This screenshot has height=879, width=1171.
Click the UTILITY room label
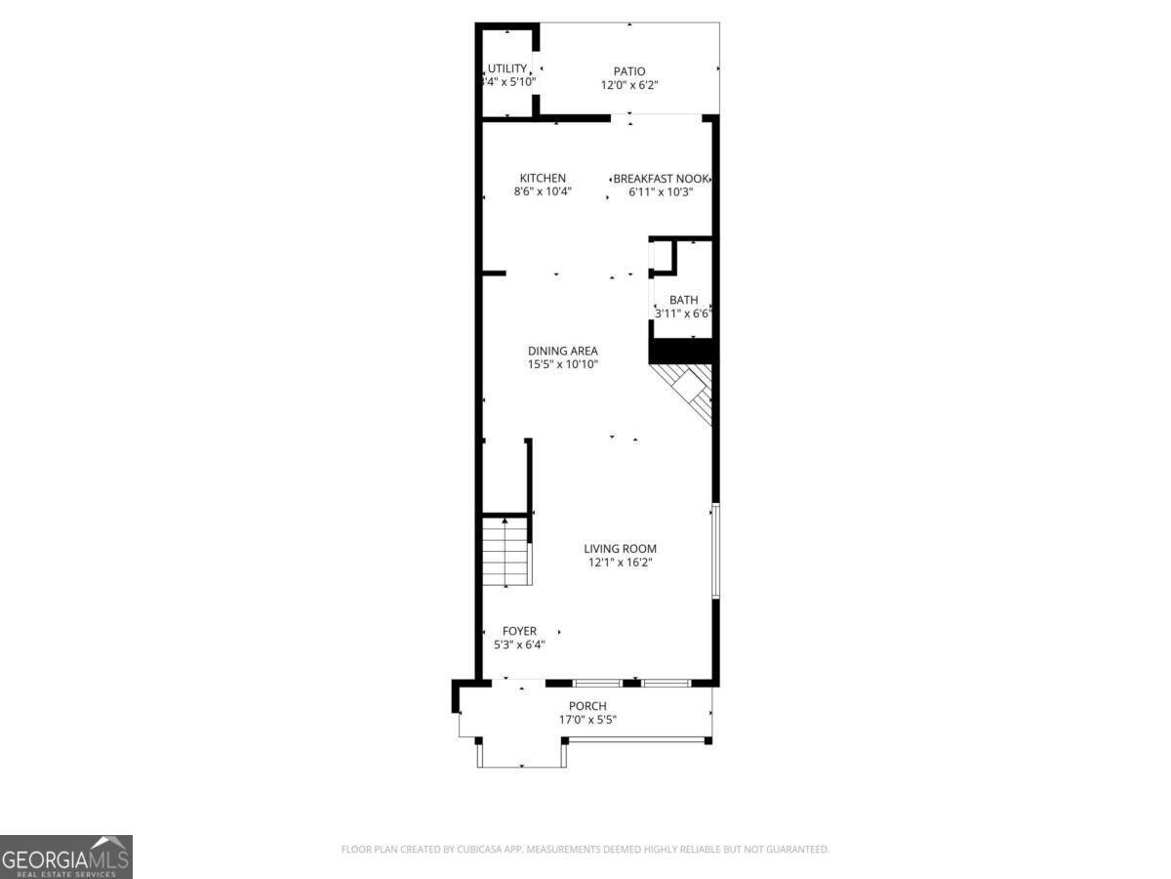click(x=507, y=68)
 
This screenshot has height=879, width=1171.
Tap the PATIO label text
click(x=629, y=71)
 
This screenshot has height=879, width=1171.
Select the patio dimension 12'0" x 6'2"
click(x=629, y=85)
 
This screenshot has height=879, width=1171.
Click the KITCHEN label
click(x=543, y=178)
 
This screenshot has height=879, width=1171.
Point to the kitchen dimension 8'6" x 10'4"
click(x=543, y=191)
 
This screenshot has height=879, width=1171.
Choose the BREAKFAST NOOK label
click(x=660, y=179)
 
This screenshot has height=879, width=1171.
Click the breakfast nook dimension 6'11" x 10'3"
click(x=661, y=192)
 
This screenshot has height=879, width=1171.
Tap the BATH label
click(x=683, y=300)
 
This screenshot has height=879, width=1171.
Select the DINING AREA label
click(x=563, y=351)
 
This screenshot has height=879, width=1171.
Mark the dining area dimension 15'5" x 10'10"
click(x=563, y=364)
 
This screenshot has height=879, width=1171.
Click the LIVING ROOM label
click(x=621, y=549)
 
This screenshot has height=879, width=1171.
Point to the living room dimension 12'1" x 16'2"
click(x=621, y=563)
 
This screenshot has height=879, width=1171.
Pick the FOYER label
click(x=519, y=631)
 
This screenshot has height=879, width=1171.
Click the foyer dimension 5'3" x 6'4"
click(x=519, y=645)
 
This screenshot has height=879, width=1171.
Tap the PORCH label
click(x=587, y=706)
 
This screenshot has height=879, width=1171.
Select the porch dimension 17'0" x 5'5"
click(x=587, y=720)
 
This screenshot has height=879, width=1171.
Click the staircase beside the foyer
click(x=505, y=552)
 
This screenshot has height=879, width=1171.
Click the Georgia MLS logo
click(x=65, y=857)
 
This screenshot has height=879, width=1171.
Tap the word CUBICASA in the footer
click(x=477, y=850)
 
